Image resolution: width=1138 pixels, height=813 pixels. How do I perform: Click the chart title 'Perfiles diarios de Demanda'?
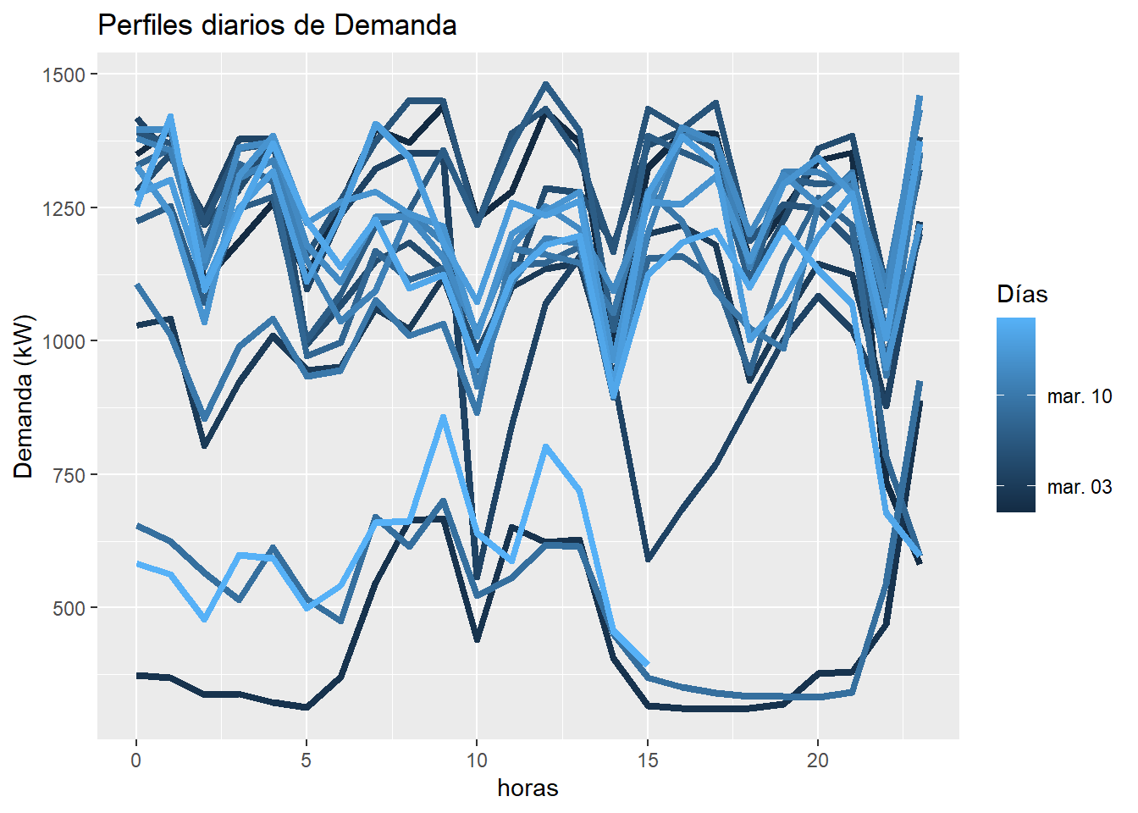click(277, 25)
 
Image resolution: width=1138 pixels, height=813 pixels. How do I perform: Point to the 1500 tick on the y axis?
click(64, 75)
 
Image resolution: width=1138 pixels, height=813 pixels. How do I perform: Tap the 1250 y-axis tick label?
click(64, 208)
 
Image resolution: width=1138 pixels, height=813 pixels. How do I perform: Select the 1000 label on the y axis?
click(64, 341)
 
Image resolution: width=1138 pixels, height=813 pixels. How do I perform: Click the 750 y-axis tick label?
click(69, 475)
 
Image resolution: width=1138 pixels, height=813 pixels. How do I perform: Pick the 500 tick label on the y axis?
click(69, 608)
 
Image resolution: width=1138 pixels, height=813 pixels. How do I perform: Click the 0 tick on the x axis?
click(135, 760)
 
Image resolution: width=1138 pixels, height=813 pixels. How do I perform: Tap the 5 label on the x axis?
click(307, 760)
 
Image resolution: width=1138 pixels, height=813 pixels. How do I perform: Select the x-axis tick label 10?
click(477, 760)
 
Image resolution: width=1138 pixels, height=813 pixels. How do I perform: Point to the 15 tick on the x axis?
click(648, 760)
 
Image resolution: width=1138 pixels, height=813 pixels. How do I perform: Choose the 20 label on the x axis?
click(818, 760)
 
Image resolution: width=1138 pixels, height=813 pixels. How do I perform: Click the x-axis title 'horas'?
click(528, 788)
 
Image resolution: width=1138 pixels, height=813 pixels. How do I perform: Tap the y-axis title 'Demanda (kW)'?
click(24, 396)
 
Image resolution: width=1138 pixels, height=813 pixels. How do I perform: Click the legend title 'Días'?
click(1022, 295)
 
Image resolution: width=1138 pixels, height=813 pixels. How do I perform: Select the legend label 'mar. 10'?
click(1080, 396)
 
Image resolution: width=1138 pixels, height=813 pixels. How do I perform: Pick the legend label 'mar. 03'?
click(1080, 487)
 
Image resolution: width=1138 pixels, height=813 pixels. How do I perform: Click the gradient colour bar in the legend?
click(1015, 415)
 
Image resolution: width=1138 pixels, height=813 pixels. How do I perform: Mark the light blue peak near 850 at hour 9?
click(443, 417)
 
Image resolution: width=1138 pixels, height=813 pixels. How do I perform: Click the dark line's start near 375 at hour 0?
click(136, 675)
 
